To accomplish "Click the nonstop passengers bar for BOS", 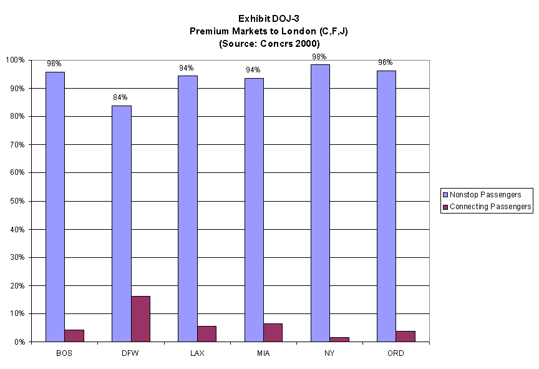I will [x=55, y=207].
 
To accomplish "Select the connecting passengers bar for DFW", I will [x=140, y=318].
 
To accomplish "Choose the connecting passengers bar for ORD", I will [x=405, y=336].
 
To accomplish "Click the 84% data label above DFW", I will [x=120, y=97].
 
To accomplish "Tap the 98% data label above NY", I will [x=319, y=57].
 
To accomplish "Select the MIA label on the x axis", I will [x=263, y=353].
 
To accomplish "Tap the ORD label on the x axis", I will [x=396, y=353].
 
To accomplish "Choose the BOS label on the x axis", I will [x=64, y=353].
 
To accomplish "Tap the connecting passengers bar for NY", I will [x=339, y=339].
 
